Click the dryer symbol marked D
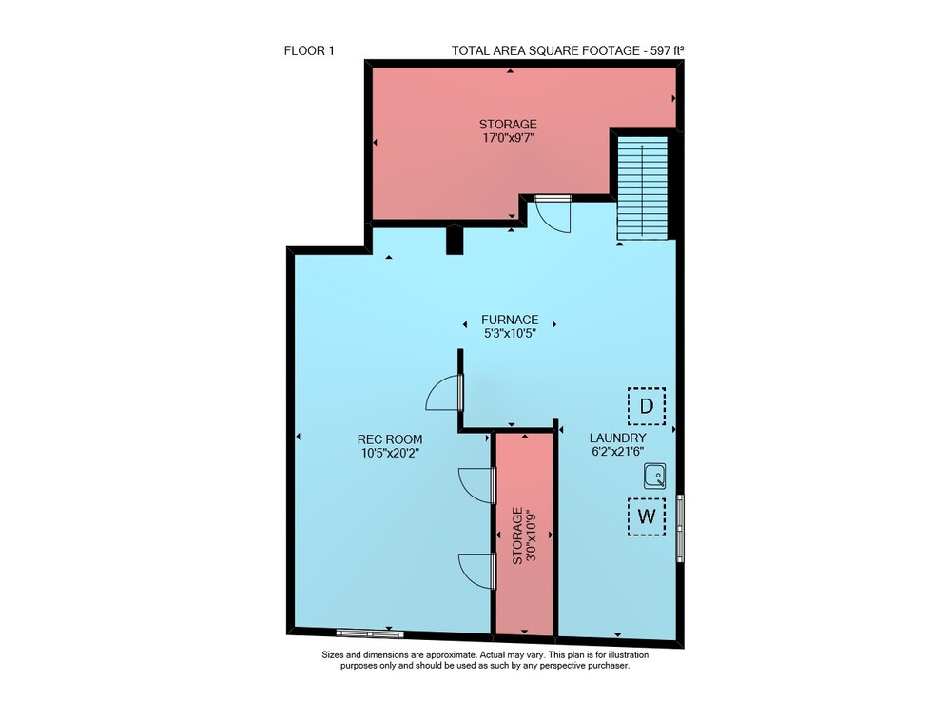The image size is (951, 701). pyautogui.click(x=647, y=406)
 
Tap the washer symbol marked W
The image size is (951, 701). pyautogui.click(x=647, y=516)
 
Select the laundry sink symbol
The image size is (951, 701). pyautogui.click(x=655, y=476)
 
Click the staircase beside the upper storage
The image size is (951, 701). pyautogui.click(x=642, y=188)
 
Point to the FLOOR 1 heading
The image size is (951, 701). pyautogui.click(x=309, y=51)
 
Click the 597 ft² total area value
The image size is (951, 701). pyautogui.click(x=668, y=51)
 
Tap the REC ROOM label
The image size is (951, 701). pyautogui.click(x=390, y=439)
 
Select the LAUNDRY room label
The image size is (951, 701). pyautogui.click(x=618, y=438)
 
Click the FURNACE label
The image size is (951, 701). pyautogui.click(x=510, y=320)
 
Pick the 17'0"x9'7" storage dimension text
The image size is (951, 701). pyautogui.click(x=508, y=138)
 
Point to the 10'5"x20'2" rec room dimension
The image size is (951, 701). pyautogui.click(x=390, y=453)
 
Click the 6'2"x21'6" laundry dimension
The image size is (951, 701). pyautogui.click(x=617, y=451)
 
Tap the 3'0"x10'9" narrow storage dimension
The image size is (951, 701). pyautogui.click(x=533, y=535)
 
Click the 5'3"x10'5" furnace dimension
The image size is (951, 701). pyautogui.click(x=510, y=333)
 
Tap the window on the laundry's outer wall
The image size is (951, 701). pyautogui.click(x=681, y=528)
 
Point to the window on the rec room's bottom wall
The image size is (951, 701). pyautogui.click(x=370, y=633)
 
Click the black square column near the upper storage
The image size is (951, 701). pyautogui.click(x=455, y=240)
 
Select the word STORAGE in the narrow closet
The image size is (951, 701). pyautogui.click(x=517, y=535)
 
